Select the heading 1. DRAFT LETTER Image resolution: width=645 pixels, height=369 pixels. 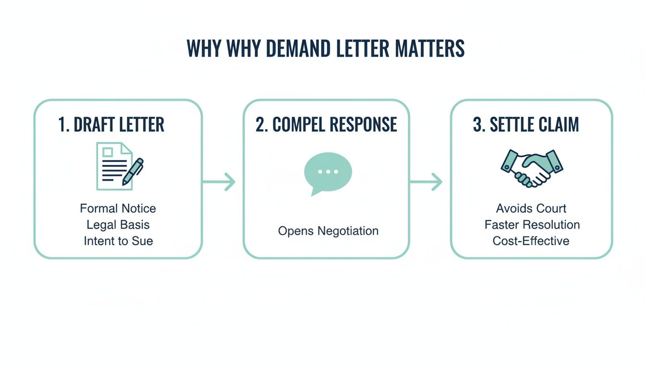pos(111,124)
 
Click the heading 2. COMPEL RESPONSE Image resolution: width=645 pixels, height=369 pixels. pos(326,124)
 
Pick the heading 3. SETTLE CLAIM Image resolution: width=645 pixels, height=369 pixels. pos(526,124)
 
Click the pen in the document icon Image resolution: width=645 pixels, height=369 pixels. pos(133,172)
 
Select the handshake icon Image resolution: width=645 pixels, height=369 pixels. pos(531,168)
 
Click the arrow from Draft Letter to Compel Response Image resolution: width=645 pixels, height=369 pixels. pos(219,182)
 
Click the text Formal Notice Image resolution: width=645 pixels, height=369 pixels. pos(118,209)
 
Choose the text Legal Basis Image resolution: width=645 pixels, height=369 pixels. pos(118,224)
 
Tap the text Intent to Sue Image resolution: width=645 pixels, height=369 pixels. pos(118,241)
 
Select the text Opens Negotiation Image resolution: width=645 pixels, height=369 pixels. pos(328,231)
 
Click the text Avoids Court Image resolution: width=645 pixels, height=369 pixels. pos(531,209)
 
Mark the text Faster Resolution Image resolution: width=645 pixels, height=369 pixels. pos(532,224)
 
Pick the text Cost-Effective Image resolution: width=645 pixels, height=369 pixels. pos(531,241)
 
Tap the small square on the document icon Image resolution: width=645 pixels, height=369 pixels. pos(107,152)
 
